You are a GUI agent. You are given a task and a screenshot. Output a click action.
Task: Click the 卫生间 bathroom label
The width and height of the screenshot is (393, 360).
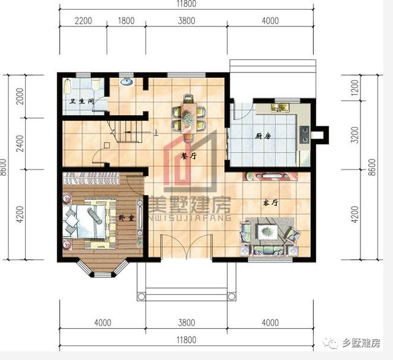(x=81, y=102)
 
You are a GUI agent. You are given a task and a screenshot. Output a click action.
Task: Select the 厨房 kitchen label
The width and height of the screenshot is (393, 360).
(x=263, y=137)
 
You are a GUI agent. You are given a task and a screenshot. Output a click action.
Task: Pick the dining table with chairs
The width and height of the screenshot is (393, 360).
(x=188, y=113)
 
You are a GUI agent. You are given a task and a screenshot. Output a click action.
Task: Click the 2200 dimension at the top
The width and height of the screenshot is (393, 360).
(x=84, y=21)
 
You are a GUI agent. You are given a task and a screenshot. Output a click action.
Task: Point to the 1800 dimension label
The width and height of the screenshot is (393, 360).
(x=125, y=21)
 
